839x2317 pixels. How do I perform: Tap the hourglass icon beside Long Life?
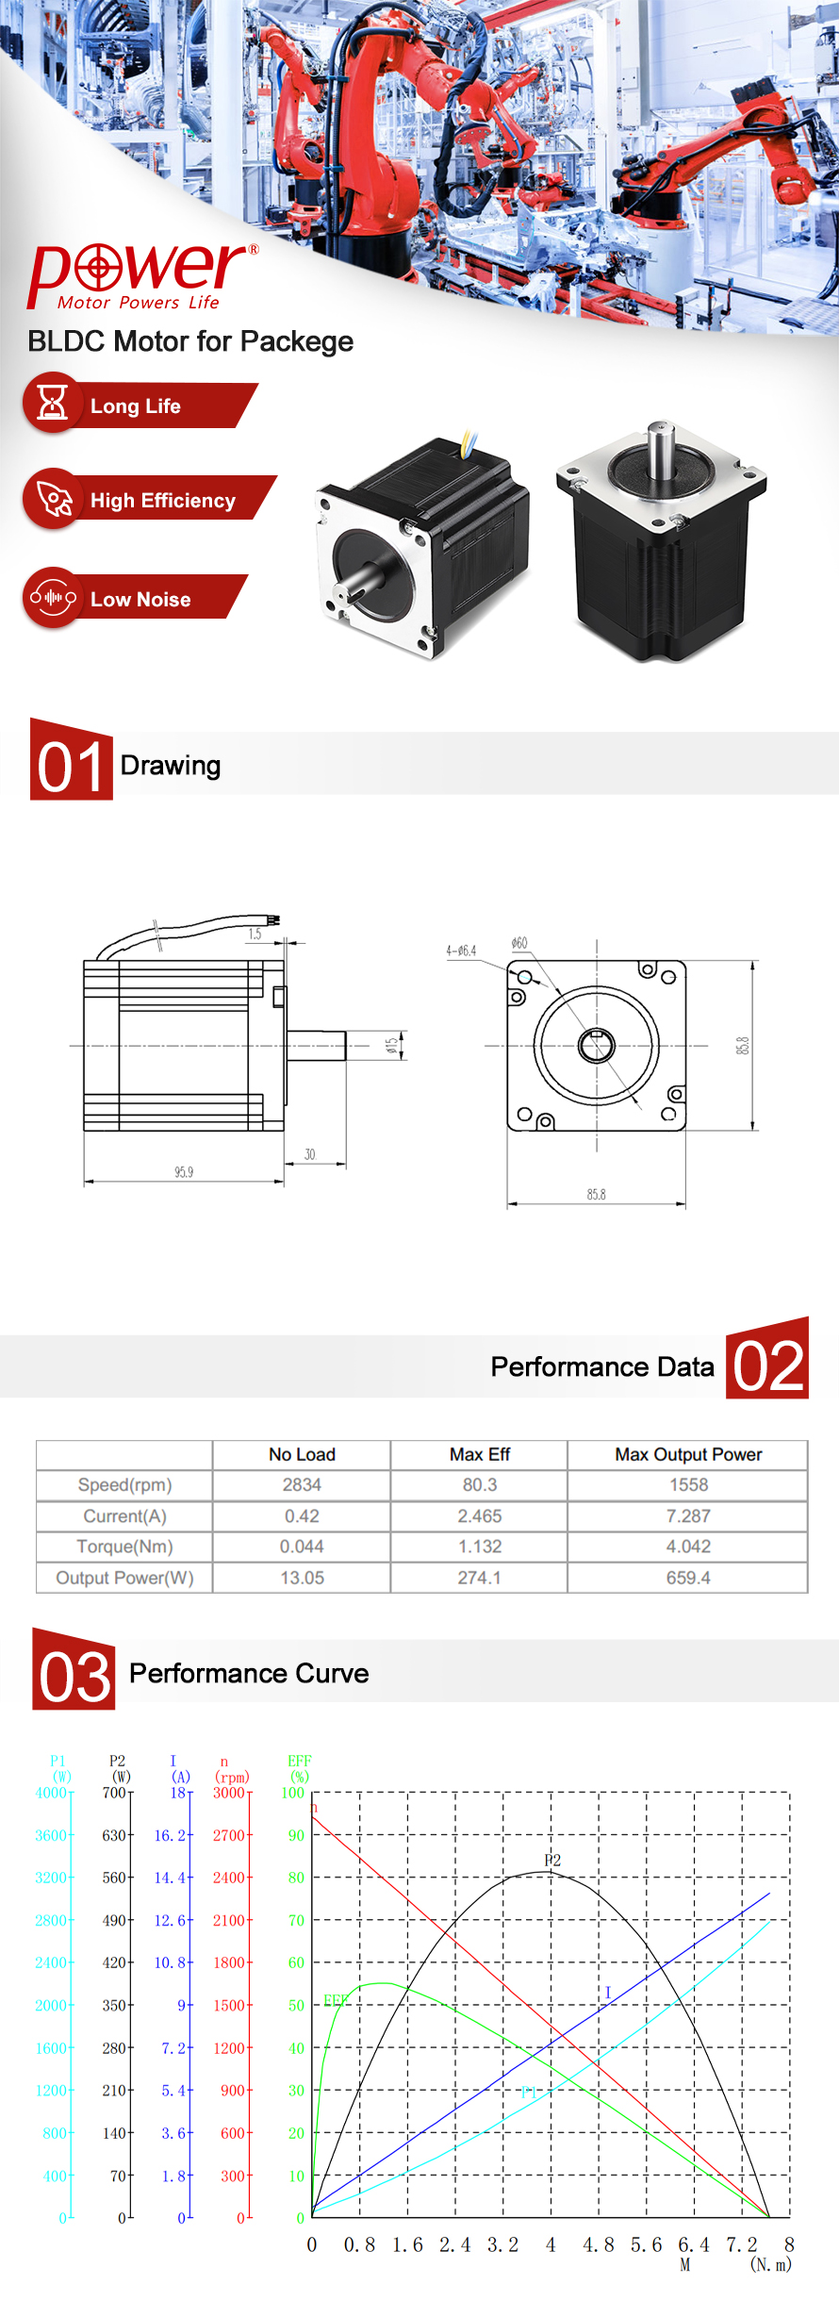(x=52, y=403)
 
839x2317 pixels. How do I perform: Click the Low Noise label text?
(x=140, y=600)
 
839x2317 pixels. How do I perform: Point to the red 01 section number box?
(x=72, y=760)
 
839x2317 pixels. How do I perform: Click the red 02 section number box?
(x=767, y=1360)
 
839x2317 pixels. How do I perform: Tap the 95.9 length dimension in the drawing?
(x=184, y=1172)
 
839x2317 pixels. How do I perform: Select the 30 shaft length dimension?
(x=310, y=1154)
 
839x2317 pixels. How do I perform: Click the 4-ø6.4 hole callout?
(x=461, y=951)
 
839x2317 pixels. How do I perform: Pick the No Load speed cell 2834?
(x=302, y=1485)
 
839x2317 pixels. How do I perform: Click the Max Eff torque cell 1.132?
(x=480, y=1547)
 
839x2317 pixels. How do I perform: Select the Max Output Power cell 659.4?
(x=688, y=1578)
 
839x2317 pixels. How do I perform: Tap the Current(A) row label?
(x=124, y=1516)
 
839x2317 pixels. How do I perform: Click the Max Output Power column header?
(x=688, y=1454)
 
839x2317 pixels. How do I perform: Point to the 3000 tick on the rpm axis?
(x=229, y=1793)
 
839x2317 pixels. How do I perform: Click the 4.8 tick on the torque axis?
(x=598, y=2245)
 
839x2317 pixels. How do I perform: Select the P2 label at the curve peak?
(x=552, y=1860)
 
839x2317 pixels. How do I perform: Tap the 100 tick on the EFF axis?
(x=293, y=1793)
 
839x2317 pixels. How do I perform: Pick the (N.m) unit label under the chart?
(x=771, y=2264)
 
